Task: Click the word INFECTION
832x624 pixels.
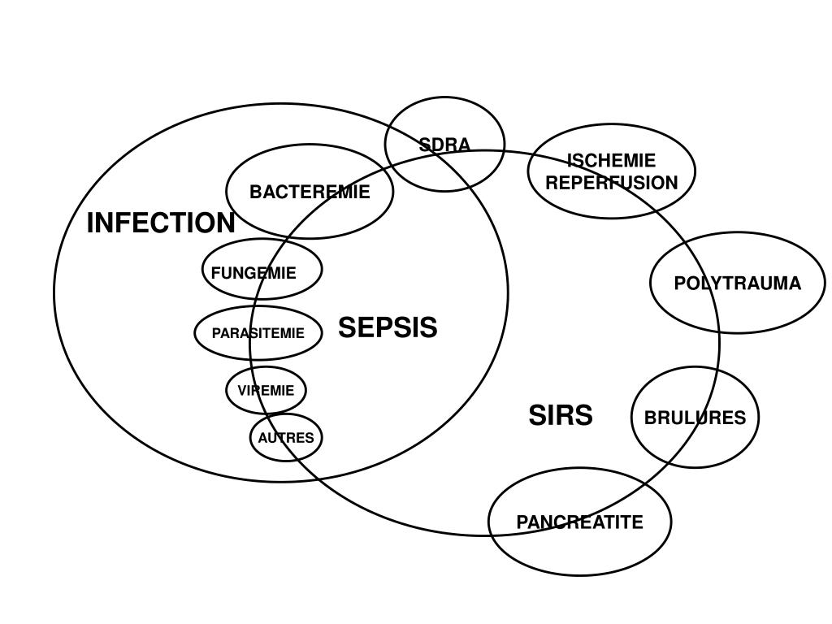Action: [161, 223]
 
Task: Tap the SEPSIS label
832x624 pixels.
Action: [388, 327]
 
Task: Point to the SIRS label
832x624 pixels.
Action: [561, 415]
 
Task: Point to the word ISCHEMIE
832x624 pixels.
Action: [611, 160]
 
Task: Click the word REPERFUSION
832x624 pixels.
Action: [611, 183]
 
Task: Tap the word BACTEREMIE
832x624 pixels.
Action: [310, 193]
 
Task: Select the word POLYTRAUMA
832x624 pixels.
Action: [738, 284]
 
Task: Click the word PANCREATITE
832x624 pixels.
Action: [580, 522]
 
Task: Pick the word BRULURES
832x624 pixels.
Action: [695, 418]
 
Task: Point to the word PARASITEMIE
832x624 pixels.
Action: [258, 333]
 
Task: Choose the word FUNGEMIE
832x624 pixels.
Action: [253, 273]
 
